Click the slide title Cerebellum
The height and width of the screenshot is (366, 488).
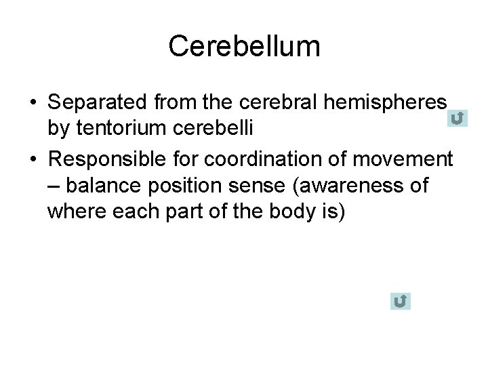click(x=244, y=47)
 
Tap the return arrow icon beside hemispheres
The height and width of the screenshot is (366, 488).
click(x=457, y=119)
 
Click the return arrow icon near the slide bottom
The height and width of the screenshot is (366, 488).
click(x=401, y=301)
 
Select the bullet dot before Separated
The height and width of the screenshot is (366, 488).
click(x=33, y=104)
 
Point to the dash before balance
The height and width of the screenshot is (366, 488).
click(x=54, y=186)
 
